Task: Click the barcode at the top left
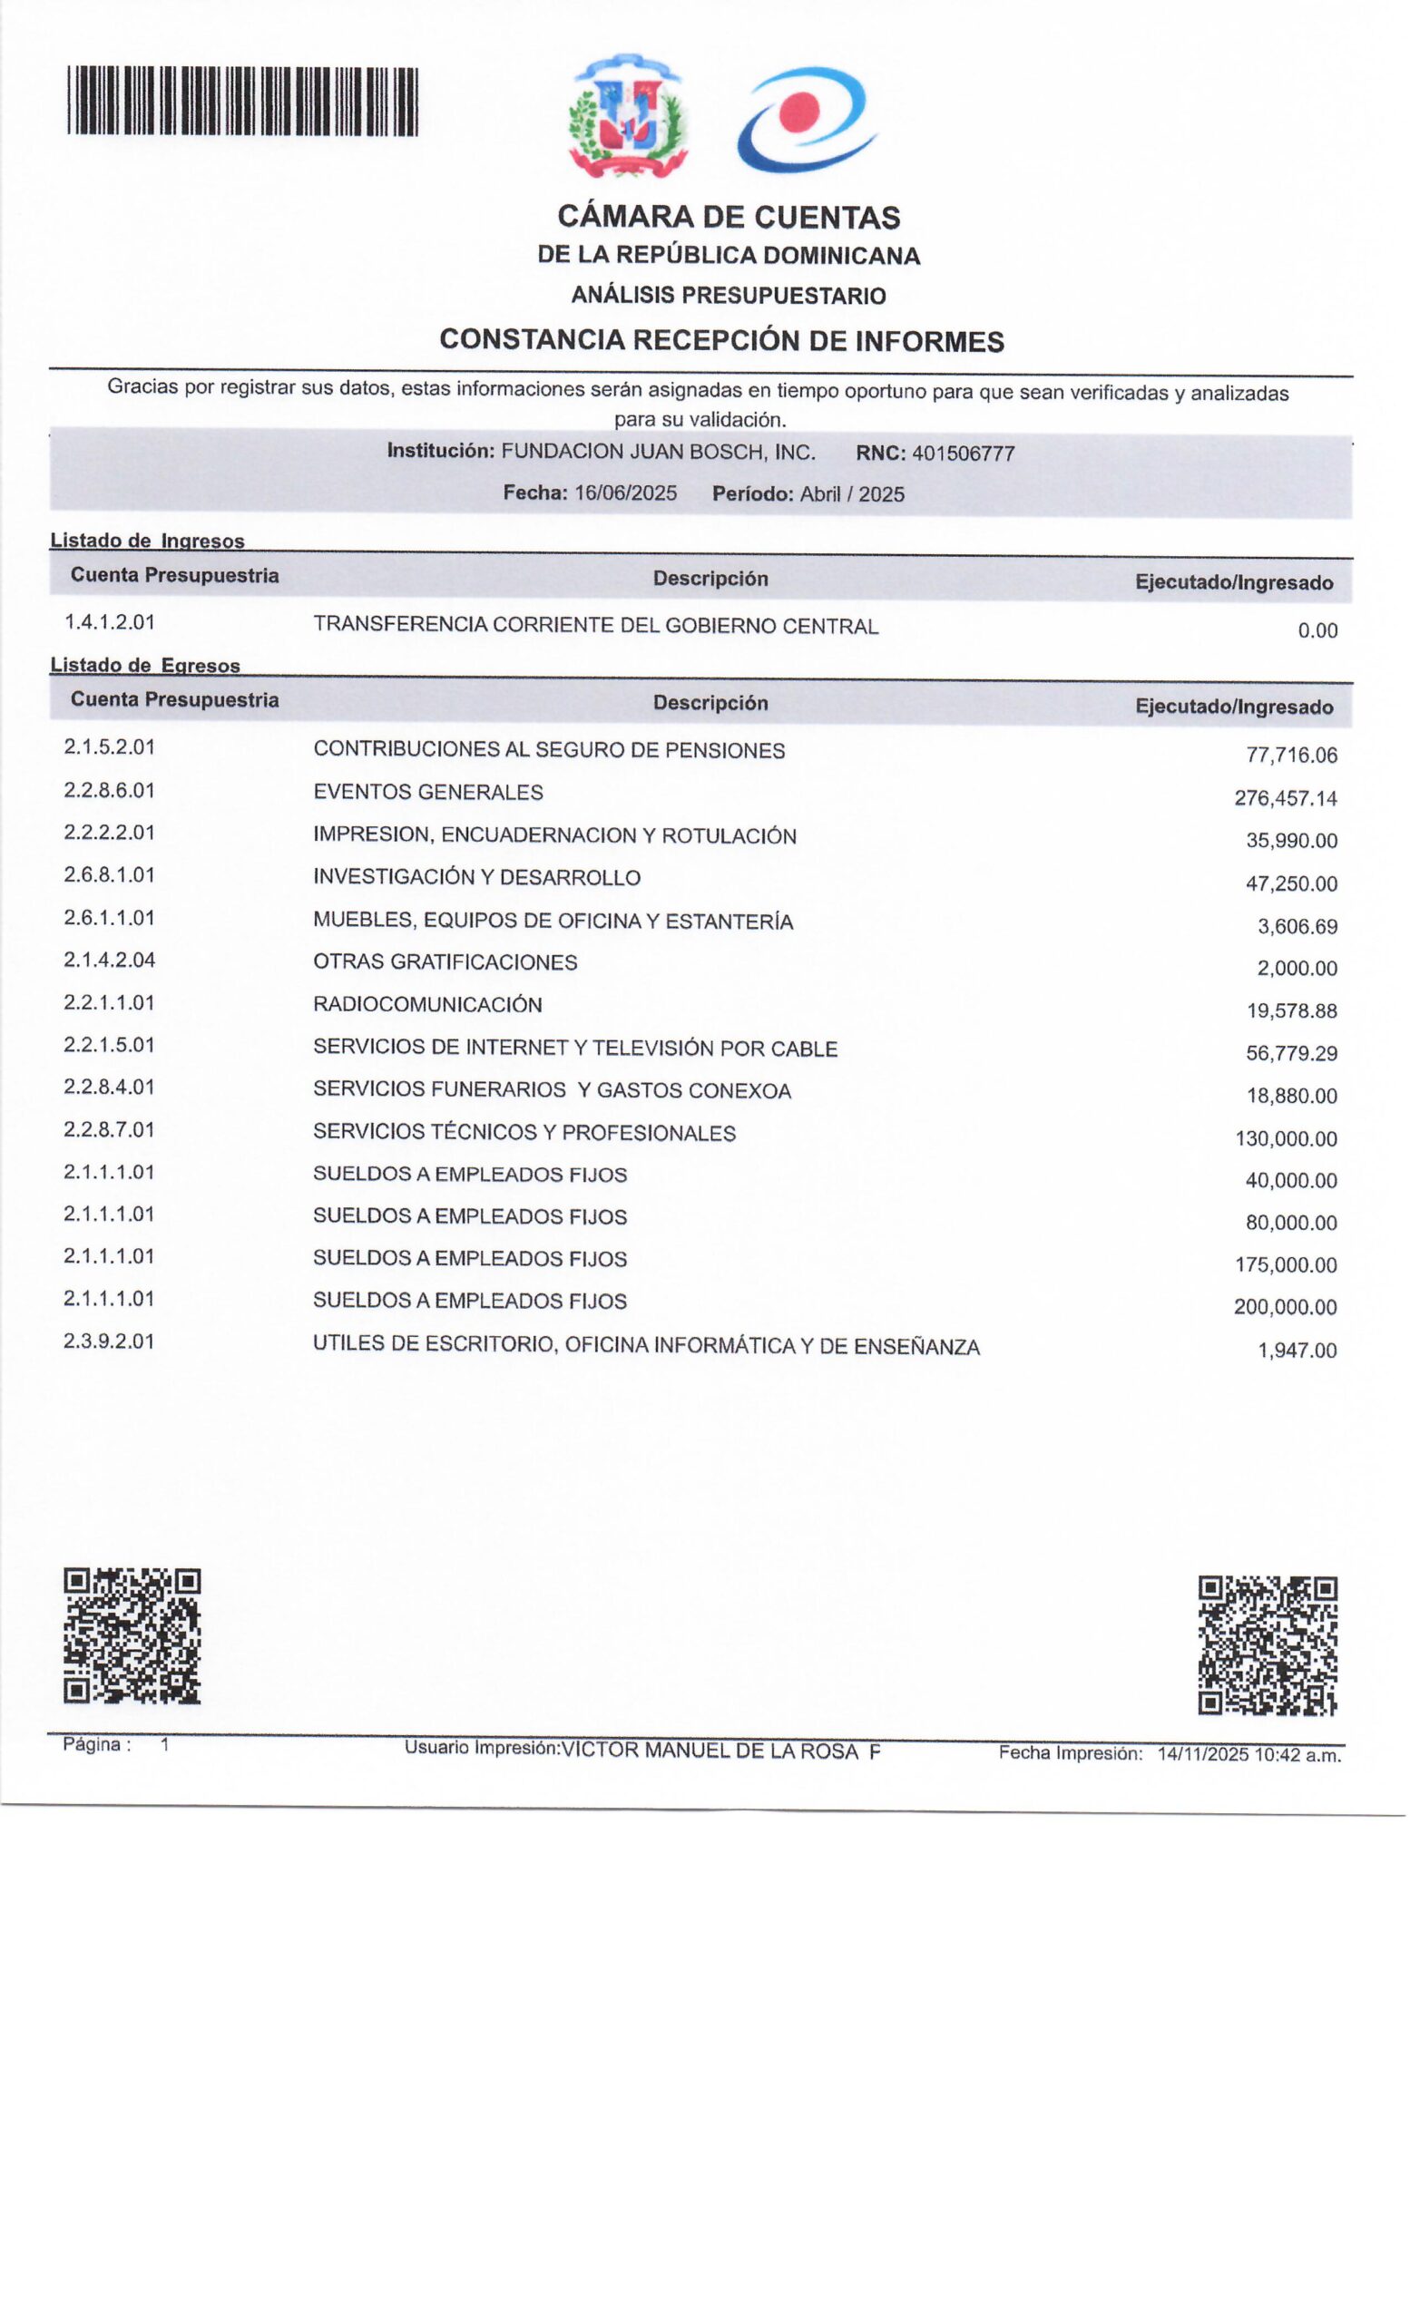[x=242, y=102]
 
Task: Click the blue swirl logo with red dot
[x=807, y=119]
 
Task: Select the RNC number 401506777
[x=963, y=454]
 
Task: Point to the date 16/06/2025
[x=625, y=493]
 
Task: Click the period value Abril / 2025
[x=852, y=493]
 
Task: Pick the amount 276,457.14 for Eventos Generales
[x=1285, y=798]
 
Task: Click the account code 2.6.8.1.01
[x=109, y=874]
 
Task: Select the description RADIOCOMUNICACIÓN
[x=427, y=1005]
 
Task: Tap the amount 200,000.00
[x=1285, y=1307]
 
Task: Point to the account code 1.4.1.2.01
[x=109, y=622]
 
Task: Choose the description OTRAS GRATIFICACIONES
[x=445, y=962]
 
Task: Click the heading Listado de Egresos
[x=145, y=666]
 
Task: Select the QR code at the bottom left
[x=132, y=1635]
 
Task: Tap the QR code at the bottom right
[x=1267, y=1644]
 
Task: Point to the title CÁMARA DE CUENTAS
[x=729, y=217]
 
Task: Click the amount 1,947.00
[x=1297, y=1351]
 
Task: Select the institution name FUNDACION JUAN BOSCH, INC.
[x=658, y=452]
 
